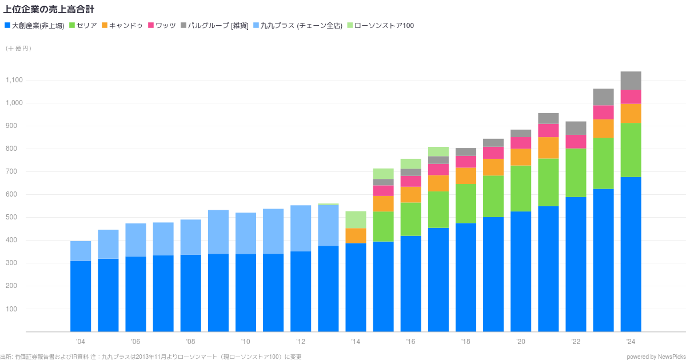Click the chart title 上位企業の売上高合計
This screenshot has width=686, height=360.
(49, 10)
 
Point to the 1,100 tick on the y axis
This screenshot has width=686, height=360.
(14, 80)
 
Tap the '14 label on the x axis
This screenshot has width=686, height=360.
(356, 342)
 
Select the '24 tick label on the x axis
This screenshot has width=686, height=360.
(631, 342)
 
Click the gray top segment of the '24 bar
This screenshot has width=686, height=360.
(631, 81)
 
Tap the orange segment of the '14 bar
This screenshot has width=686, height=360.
(356, 235)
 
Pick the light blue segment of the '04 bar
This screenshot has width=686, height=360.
(81, 251)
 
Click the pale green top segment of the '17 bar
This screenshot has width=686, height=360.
(438, 151)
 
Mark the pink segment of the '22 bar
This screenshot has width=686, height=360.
(576, 141)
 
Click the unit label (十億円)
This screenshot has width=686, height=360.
(18, 49)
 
